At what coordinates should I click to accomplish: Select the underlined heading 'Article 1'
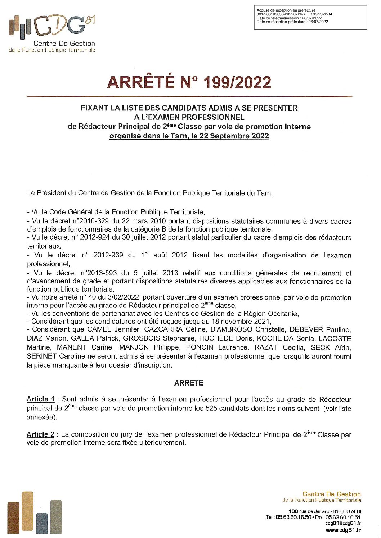click(x=41, y=399)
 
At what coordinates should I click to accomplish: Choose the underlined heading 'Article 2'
click(x=40, y=434)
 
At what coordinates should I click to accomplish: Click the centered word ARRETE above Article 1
click(x=188, y=383)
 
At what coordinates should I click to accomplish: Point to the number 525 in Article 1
click(x=211, y=409)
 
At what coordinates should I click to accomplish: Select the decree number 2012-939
click(x=108, y=255)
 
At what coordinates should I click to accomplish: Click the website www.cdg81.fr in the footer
click(x=343, y=530)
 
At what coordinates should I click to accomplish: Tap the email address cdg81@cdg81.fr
click(x=343, y=524)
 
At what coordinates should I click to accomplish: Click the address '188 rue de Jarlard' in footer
click(x=309, y=511)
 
